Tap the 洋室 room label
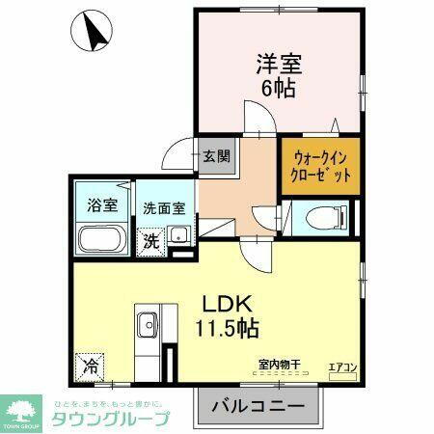coord(279,66)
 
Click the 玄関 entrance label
coord(217,154)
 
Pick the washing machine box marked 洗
coord(152,241)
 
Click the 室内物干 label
coord(280,364)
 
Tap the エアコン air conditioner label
coord(343,366)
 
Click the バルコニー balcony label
coord(257,405)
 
